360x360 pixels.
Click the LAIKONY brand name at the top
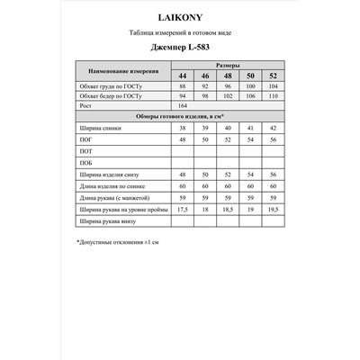coord(179,15)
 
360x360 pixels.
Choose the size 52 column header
coord(270,76)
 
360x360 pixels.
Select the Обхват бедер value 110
coord(270,95)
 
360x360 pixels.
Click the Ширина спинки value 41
coord(248,129)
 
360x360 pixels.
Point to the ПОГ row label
coord(86,141)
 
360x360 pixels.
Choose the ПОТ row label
coord(86,153)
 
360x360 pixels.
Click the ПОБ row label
coord(86,164)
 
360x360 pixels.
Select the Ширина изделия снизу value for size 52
coord(270,174)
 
